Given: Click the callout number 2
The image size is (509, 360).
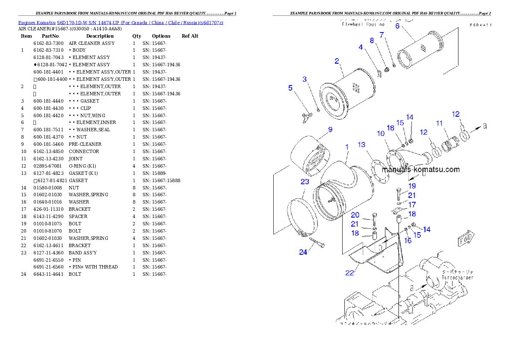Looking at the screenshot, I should (337, 61).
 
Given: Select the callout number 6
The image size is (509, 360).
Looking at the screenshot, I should (397, 26).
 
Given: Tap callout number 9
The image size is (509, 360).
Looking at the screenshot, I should (330, 130).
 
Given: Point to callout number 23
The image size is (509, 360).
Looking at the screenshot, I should (305, 182).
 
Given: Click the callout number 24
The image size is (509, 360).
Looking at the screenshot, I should (303, 252).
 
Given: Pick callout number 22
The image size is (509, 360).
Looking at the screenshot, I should (349, 273).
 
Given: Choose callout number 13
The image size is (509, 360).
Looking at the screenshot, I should (362, 145).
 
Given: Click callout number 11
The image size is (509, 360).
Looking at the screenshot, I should (439, 123).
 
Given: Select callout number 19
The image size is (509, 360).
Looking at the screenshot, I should (411, 186).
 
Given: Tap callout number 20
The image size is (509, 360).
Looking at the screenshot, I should (355, 215).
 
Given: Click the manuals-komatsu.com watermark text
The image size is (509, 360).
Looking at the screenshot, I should (420, 169).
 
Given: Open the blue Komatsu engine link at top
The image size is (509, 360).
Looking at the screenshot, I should (121, 22).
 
